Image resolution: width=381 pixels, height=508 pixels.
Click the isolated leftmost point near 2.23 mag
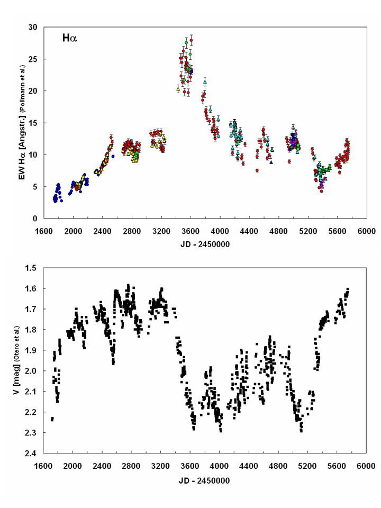(x=52, y=419)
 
